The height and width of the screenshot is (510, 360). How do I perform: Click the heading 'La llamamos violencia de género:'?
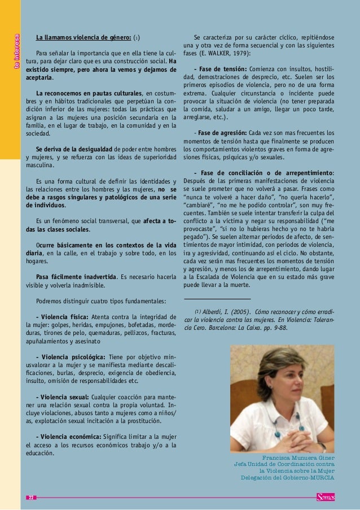pos(84,38)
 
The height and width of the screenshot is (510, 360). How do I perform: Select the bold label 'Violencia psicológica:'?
pos(72,359)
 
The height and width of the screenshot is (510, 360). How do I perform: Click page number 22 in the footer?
pos(32,497)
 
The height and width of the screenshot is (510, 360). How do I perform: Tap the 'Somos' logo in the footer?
pos(326,496)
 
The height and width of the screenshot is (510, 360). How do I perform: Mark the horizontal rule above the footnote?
pos(217,298)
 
